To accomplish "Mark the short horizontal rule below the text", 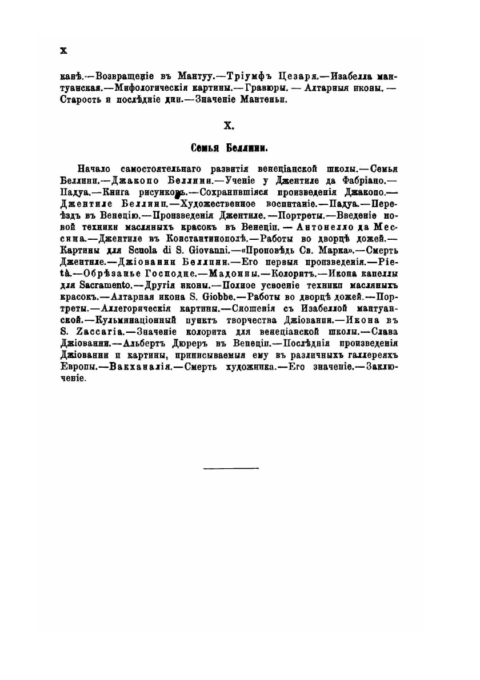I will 231,468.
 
